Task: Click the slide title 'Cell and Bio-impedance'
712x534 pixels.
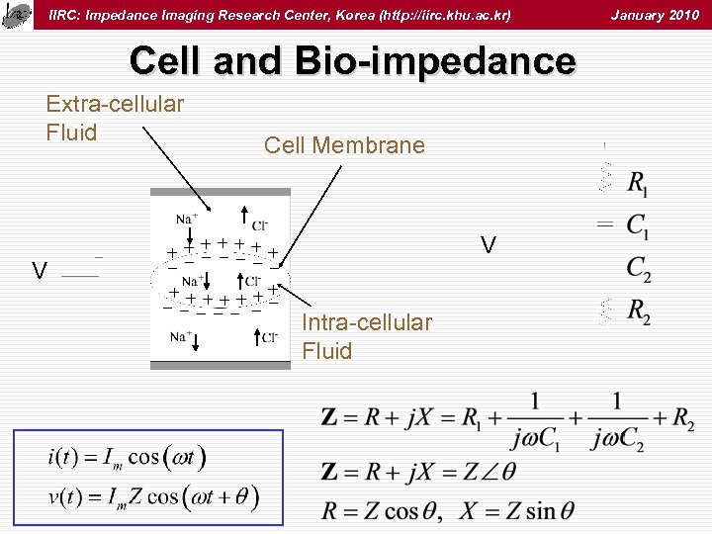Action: click(x=352, y=61)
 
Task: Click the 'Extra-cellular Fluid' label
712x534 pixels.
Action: click(x=115, y=118)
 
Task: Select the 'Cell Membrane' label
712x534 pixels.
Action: click(x=344, y=145)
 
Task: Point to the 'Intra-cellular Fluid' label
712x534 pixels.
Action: click(x=366, y=336)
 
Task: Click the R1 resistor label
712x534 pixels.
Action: click(x=638, y=184)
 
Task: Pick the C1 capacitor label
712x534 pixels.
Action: click(x=638, y=228)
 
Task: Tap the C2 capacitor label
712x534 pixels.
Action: click(x=638, y=268)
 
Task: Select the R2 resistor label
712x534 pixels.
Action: click(x=638, y=311)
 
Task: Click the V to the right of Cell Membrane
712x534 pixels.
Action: click(x=489, y=243)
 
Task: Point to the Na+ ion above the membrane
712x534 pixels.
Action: click(x=186, y=218)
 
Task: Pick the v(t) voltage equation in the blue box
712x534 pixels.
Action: click(x=153, y=496)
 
